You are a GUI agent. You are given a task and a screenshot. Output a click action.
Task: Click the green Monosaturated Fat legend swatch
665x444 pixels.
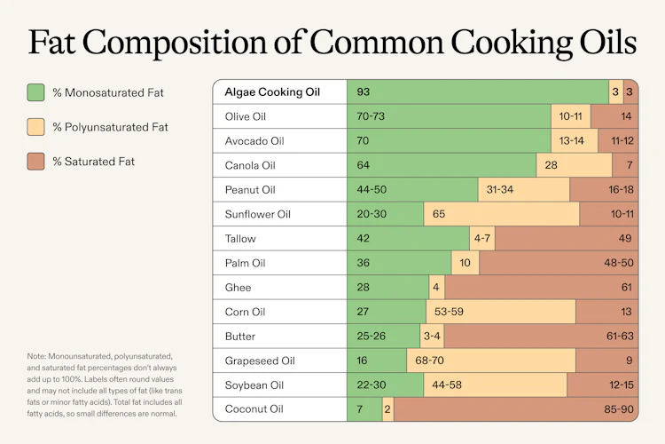click(x=36, y=92)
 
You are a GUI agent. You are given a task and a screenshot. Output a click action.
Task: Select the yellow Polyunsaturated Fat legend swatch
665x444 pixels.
click(x=36, y=127)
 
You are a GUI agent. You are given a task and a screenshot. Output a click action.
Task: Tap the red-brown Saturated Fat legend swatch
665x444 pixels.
click(x=36, y=162)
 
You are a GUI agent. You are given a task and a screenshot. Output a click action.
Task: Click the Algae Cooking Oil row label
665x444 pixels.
click(x=273, y=92)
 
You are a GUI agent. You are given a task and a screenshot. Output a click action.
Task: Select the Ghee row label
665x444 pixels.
click(x=239, y=288)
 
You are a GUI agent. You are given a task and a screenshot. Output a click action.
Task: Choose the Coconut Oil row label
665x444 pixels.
click(x=254, y=409)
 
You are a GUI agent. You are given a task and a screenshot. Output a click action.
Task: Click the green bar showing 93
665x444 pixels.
click(x=477, y=92)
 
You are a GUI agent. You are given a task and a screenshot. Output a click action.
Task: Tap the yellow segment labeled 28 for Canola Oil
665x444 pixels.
click(x=574, y=165)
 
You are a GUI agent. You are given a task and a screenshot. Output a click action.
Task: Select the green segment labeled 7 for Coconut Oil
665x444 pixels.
click(x=364, y=409)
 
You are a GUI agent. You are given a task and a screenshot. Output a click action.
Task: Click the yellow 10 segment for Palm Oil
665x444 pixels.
click(x=465, y=263)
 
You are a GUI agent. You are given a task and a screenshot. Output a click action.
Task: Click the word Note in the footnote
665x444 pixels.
click(x=38, y=357)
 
